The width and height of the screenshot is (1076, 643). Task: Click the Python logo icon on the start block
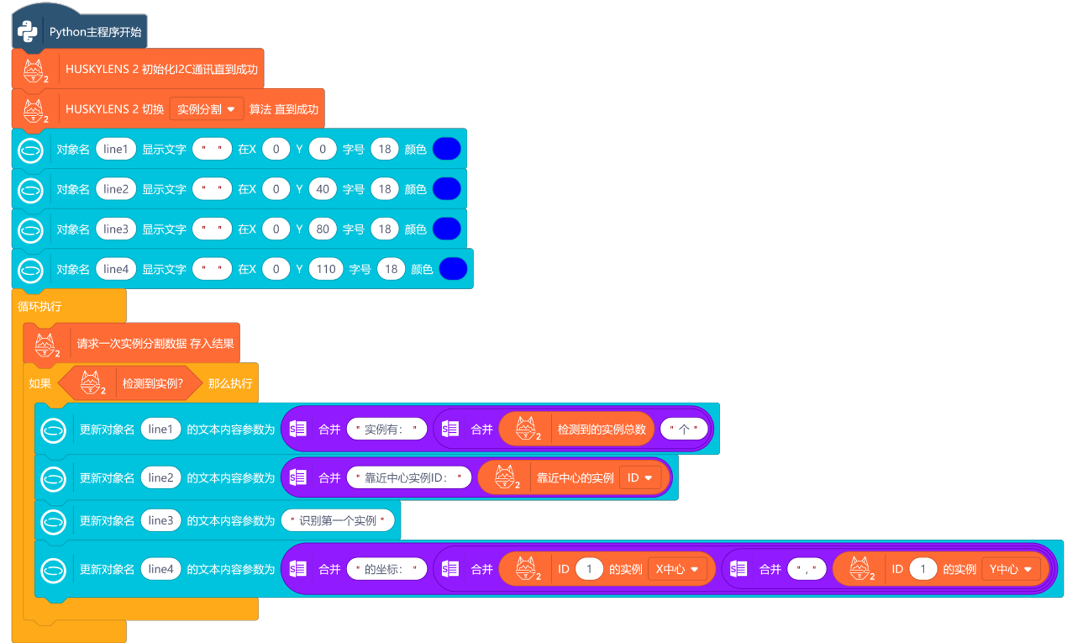coord(27,32)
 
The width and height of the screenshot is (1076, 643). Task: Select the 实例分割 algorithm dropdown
coord(206,109)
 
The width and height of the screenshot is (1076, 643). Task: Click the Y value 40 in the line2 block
coord(322,189)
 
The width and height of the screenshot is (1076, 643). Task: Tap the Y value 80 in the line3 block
coord(322,229)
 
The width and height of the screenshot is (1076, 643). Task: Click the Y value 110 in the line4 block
coord(326,269)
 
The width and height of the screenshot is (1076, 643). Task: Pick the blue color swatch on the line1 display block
coord(446,149)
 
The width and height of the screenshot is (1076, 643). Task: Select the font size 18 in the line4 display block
coord(390,269)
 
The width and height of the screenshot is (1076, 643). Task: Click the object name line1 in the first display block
coord(115,149)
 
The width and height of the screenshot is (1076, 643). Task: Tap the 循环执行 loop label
coord(39,307)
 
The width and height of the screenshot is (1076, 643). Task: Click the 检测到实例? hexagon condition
coord(152,383)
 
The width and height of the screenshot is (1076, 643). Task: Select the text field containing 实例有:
coord(386,429)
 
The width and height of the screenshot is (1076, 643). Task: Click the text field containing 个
coord(684,429)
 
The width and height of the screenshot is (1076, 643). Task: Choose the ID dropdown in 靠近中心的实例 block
coord(640,478)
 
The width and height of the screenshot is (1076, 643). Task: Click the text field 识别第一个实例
coord(337,521)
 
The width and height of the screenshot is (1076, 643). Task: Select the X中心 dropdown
coord(677,569)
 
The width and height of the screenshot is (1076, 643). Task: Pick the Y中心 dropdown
coord(1010,569)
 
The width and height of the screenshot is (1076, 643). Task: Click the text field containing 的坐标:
coord(386,569)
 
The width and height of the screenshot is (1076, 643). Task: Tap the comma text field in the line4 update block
coord(806,569)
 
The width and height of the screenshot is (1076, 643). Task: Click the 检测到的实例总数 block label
coord(601,429)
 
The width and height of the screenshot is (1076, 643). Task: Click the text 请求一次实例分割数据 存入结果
coord(155,344)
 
